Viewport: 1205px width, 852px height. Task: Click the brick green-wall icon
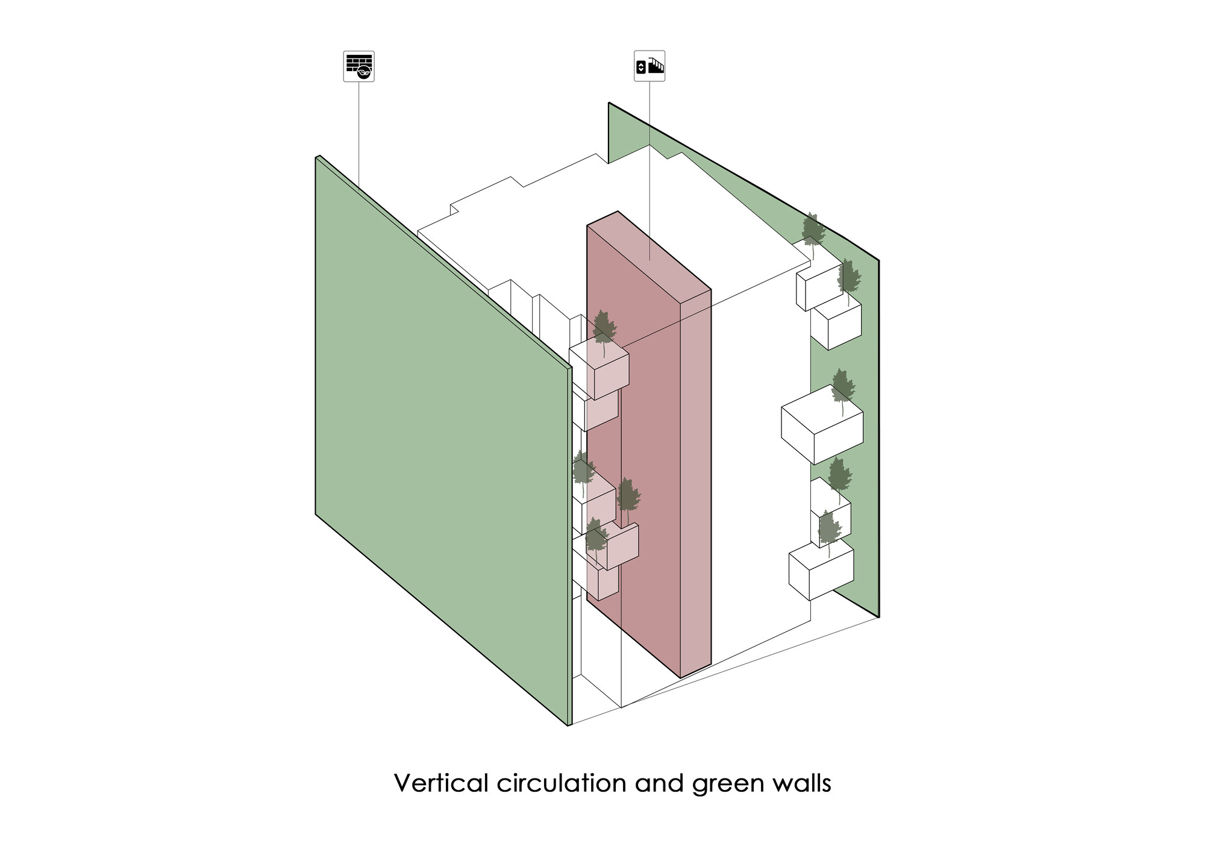(x=358, y=66)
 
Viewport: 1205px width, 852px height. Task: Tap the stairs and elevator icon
(x=649, y=66)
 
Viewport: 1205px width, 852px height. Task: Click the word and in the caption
(x=659, y=783)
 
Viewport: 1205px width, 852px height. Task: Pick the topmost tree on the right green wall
(x=813, y=232)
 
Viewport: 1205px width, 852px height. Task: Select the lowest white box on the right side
(x=821, y=571)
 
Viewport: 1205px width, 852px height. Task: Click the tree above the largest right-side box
(x=842, y=389)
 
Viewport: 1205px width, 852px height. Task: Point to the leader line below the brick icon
(x=359, y=133)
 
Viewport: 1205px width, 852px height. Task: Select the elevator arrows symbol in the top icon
(x=641, y=67)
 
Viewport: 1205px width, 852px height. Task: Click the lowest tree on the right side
(x=829, y=530)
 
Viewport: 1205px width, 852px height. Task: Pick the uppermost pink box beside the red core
(x=599, y=369)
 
